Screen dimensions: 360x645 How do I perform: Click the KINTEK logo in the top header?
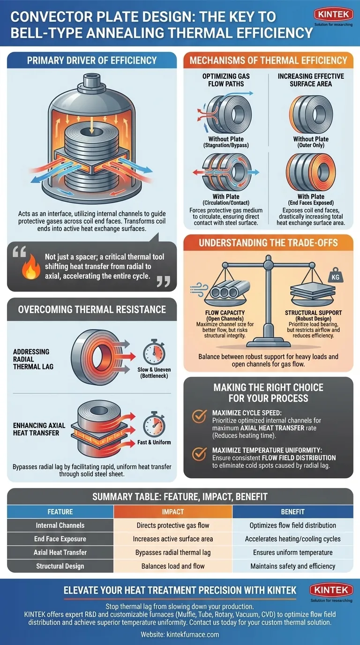(x=333, y=15)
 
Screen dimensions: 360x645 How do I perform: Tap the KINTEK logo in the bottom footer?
(x=331, y=590)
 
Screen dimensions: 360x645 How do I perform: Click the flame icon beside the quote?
(x=30, y=267)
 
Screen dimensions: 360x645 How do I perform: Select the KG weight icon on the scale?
(x=335, y=275)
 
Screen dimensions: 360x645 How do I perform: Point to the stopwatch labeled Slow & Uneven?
(x=154, y=352)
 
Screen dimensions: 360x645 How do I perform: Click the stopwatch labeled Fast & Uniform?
(x=154, y=424)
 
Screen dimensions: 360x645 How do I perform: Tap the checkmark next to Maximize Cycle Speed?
(x=199, y=416)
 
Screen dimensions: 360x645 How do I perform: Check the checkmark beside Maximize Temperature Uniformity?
(x=199, y=454)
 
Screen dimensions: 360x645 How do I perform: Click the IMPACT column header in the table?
(x=173, y=512)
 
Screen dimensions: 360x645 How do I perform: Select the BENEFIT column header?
(x=292, y=512)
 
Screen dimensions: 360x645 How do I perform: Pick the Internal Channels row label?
(x=60, y=525)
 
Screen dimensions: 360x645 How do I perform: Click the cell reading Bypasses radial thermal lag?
(x=173, y=552)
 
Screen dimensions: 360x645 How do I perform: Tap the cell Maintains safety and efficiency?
(x=292, y=566)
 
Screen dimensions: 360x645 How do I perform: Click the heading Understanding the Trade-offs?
(x=268, y=243)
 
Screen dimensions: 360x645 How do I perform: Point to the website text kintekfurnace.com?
(x=193, y=634)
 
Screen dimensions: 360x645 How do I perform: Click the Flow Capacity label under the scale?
(x=225, y=313)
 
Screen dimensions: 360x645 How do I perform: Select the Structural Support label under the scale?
(x=313, y=313)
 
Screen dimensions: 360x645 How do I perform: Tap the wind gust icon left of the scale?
(x=199, y=290)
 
